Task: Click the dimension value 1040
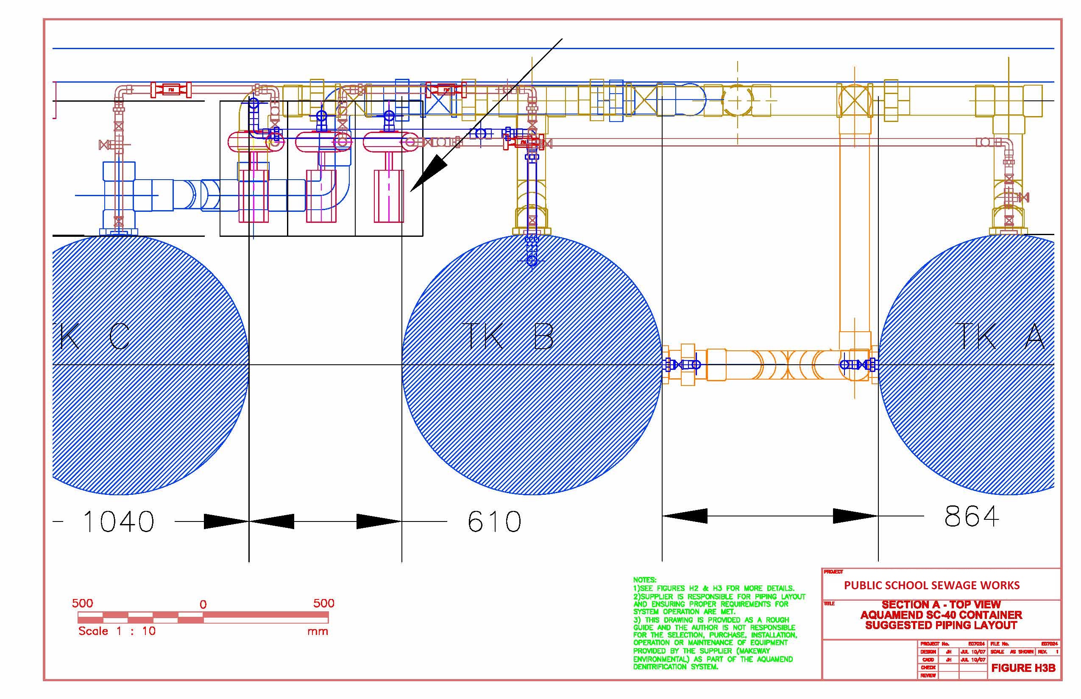[119, 521]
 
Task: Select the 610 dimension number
[494, 521]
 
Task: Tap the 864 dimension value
[972, 516]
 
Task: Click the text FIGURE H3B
[1023, 668]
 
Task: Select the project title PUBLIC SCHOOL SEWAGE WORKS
[932, 585]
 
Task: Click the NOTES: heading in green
[644, 580]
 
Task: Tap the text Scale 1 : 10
[117, 631]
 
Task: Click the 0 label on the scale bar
[203, 605]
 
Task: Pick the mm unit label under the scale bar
[318, 631]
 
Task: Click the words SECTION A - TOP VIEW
[941, 605]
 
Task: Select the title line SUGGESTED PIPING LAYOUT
[941, 625]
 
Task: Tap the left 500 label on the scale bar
[82, 603]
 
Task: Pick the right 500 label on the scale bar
[323, 603]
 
